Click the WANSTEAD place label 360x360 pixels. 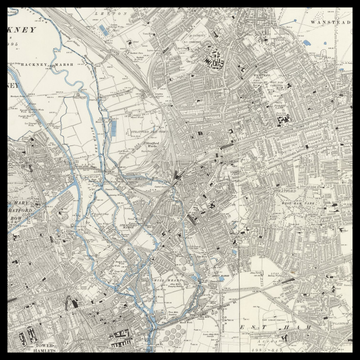(327, 20)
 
